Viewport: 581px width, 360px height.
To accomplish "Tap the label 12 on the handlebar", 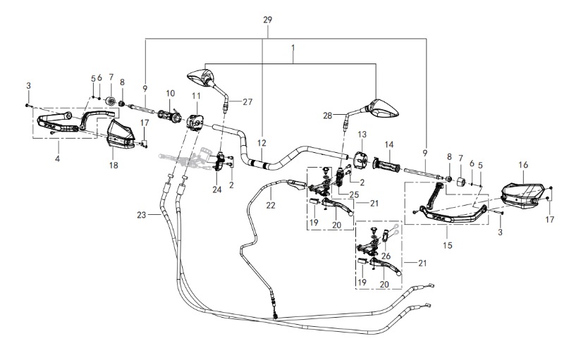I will click(x=262, y=143).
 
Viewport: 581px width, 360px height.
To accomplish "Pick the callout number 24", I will click(x=216, y=188).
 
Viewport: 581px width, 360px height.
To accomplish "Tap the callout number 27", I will click(x=247, y=101).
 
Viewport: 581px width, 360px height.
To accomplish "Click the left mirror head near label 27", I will click(x=202, y=75).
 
